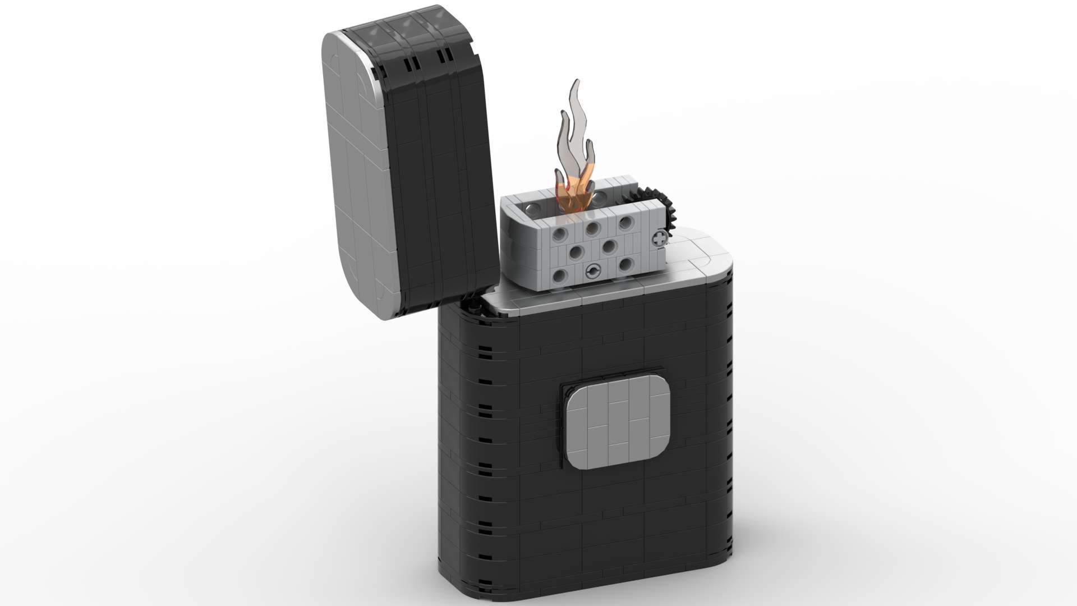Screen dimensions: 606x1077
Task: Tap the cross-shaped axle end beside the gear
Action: pos(661,238)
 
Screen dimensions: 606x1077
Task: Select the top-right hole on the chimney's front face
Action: pos(624,223)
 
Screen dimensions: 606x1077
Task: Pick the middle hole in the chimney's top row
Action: pos(592,227)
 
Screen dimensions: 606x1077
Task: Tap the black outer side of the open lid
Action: pos(443,185)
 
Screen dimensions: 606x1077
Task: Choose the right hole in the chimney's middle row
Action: pos(607,248)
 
